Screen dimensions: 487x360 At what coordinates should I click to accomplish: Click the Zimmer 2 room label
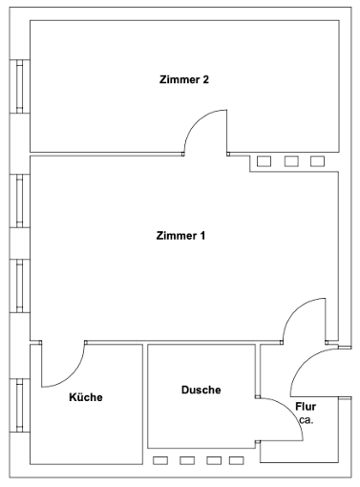[184, 79]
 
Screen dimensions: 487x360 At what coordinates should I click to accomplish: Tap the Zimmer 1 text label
[180, 235]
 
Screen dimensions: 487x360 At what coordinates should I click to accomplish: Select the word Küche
[86, 397]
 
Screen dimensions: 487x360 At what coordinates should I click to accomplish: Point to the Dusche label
[201, 390]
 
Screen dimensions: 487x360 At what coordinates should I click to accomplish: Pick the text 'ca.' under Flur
[305, 419]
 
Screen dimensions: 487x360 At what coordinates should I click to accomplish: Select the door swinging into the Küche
[65, 365]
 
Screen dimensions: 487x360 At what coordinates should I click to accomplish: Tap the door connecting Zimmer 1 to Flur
[306, 323]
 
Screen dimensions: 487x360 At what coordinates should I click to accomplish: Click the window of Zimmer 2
[17, 88]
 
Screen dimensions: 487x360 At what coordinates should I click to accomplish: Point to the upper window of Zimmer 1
[17, 202]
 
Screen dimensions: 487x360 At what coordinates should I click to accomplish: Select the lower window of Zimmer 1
[17, 286]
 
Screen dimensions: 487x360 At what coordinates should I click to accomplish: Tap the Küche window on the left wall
[17, 405]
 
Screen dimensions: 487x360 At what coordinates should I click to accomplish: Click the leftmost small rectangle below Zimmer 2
[265, 161]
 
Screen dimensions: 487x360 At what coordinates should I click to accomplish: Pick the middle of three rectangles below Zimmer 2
[291, 161]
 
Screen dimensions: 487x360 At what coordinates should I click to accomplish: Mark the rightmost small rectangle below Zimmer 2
[317, 161]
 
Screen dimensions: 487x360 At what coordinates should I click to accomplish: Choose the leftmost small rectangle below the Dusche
[160, 460]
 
